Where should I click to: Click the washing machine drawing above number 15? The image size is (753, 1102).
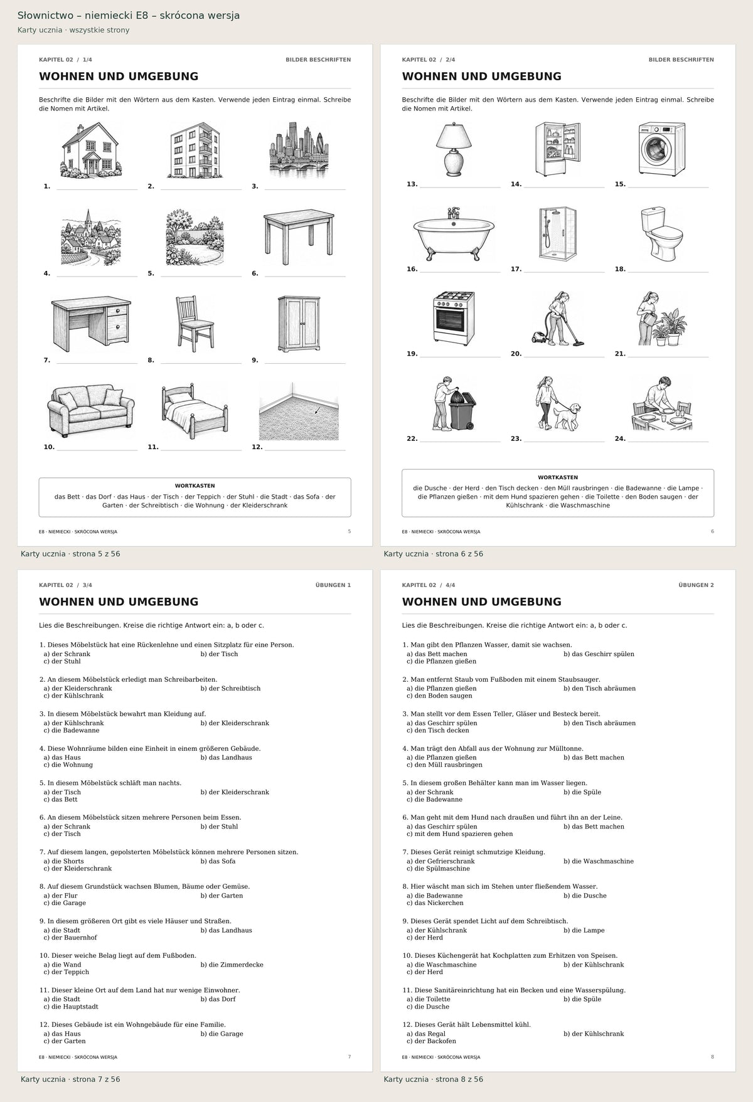point(662,149)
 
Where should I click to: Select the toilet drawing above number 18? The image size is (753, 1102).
point(657,233)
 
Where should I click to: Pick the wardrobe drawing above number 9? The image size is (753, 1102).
point(299,324)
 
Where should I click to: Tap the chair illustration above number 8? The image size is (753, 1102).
point(195,322)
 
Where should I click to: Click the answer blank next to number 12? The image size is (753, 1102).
point(305,450)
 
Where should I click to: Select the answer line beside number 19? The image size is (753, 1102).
point(460,356)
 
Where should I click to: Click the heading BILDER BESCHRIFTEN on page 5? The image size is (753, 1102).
point(318,60)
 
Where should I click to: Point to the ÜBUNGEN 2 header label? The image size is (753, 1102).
point(696,585)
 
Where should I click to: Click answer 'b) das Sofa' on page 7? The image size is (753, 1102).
point(218,861)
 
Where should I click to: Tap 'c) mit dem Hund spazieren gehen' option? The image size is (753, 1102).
point(459,834)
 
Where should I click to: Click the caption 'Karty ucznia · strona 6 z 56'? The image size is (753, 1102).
point(433,554)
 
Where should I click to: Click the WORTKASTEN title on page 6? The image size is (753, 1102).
point(558,477)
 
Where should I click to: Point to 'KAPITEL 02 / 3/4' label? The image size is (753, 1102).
point(65,585)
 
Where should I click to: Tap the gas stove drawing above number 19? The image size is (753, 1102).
point(454,318)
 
